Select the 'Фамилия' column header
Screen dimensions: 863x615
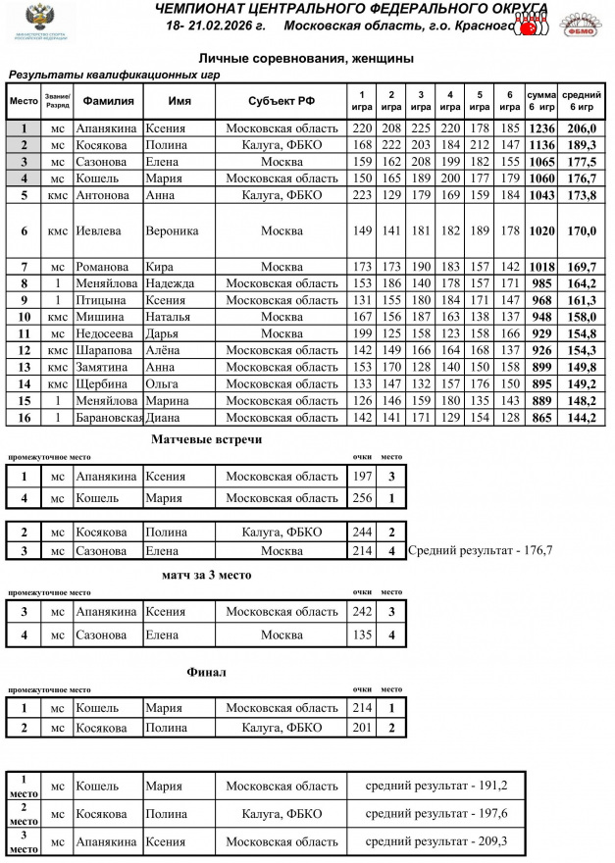(108, 101)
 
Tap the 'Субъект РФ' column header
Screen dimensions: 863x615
(282, 101)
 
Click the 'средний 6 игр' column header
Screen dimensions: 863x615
(582, 101)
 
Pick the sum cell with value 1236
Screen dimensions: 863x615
(541, 128)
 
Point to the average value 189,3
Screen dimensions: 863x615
(582, 145)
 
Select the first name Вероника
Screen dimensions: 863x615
(172, 231)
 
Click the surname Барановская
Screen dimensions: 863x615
(109, 418)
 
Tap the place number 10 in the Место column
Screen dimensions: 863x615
(24, 317)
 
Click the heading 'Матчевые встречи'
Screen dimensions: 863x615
(206, 439)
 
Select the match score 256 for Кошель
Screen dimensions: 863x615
(363, 498)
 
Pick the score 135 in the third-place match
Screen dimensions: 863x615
(363, 635)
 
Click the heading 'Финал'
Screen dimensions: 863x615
(206, 673)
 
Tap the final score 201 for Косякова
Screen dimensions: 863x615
(363, 728)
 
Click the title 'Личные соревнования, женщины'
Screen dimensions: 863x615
(306, 59)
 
